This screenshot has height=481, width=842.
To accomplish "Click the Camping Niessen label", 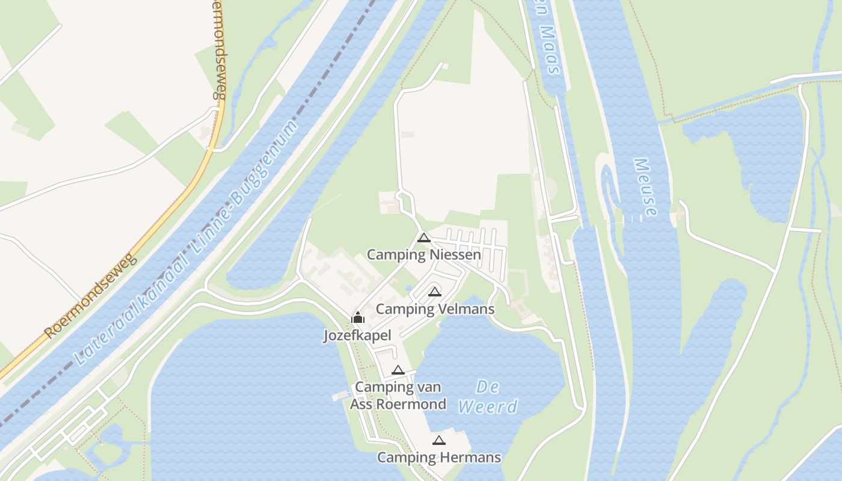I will pyautogui.click(x=424, y=255).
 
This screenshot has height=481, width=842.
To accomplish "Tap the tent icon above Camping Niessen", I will pyautogui.click(x=424, y=237).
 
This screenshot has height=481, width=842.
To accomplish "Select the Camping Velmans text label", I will pyautogui.click(x=435, y=309).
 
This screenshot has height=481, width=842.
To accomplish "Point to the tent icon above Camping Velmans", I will pyautogui.click(x=435, y=292).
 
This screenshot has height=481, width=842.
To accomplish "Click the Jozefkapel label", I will pyautogui.click(x=357, y=335).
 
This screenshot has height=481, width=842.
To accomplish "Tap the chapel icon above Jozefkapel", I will pyautogui.click(x=358, y=317).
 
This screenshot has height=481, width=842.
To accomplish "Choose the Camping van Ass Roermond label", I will pyautogui.click(x=398, y=395).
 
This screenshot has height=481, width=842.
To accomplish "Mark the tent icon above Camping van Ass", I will pyautogui.click(x=398, y=370).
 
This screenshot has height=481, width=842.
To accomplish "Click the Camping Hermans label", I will pyautogui.click(x=439, y=458).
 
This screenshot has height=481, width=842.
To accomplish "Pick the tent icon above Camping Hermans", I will pyautogui.click(x=439, y=441).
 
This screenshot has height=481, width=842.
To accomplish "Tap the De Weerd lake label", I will pyautogui.click(x=487, y=397).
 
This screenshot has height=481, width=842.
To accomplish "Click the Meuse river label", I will pyautogui.click(x=645, y=187).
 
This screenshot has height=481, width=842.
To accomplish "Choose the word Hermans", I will pyautogui.click(x=471, y=458).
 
